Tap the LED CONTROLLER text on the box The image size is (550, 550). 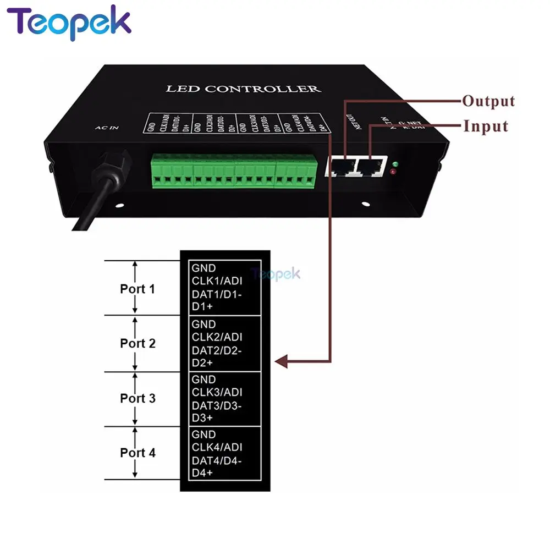click(243, 89)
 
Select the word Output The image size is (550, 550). click(488, 101)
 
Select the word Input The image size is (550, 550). click(485, 126)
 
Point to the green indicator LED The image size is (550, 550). click(395, 164)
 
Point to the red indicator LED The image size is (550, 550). click(392, 173)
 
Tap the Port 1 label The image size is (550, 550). click(137, 289)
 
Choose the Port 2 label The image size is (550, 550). click(137, 344)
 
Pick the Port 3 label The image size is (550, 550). click(137, 398)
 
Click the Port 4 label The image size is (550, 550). click(137, 453)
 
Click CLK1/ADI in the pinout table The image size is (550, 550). click(217, 282)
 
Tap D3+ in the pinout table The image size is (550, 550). click(202, 418)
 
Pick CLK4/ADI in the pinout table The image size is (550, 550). click(217, 447)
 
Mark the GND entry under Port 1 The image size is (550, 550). click(204, 268)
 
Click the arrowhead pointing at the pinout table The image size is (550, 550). click(282, 361)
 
